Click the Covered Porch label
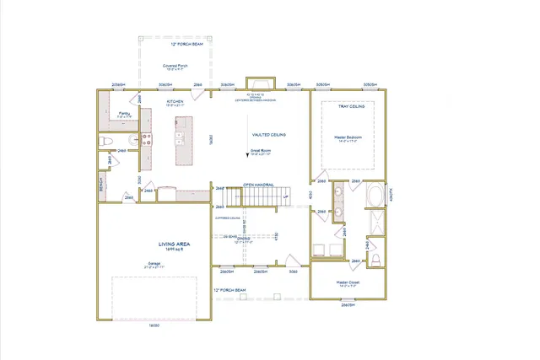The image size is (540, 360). click(x=176, y=67)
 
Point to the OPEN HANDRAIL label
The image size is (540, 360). click(x=260, y=184)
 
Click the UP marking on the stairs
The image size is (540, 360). click(x=285, y=198)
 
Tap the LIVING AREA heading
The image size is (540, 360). click(x=154, y=244)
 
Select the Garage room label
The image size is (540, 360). click(x=154, y=262)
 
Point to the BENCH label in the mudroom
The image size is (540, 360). click(x=102, y=183)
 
